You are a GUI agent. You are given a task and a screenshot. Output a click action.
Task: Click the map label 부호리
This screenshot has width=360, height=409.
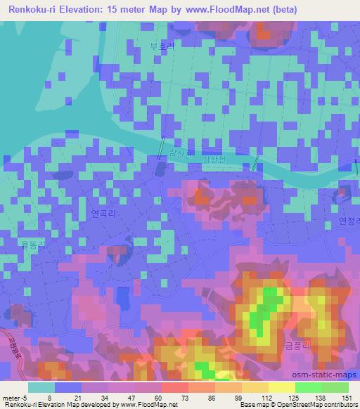161,48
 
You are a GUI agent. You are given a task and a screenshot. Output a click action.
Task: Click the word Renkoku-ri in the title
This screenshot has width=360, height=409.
36,10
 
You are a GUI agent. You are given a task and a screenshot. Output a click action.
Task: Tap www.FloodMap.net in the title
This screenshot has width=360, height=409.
219,10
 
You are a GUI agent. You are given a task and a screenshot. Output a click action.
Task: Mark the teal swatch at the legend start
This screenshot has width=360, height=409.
41,387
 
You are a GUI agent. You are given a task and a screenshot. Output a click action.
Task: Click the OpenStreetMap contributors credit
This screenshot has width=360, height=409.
309,405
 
